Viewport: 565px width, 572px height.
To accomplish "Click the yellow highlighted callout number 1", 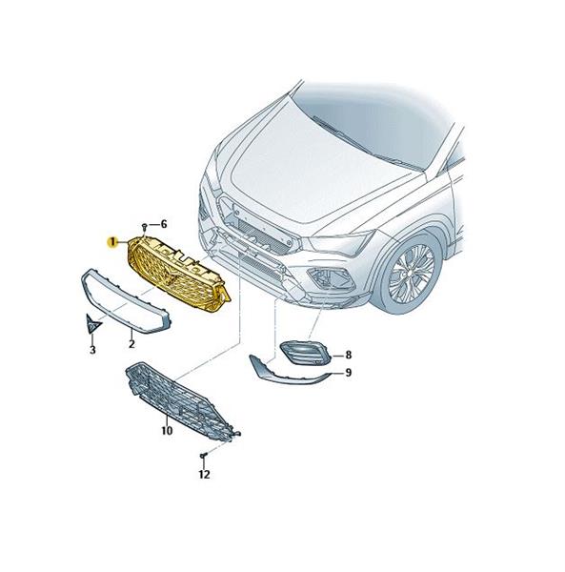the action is [112, 242].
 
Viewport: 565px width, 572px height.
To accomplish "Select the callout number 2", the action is [131, 343].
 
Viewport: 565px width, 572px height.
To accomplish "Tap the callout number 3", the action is [92, 350].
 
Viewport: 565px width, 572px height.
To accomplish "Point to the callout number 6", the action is [164, 224].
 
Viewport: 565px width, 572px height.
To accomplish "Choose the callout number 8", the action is [349, 355].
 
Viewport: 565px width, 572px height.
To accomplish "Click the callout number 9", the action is [349, 373].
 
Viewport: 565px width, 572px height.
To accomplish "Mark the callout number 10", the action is [167, 431].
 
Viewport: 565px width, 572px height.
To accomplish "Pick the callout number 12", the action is [205, 475].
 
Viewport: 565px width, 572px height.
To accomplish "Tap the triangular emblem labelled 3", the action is [92, 323].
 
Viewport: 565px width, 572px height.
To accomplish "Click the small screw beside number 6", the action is [145, 227].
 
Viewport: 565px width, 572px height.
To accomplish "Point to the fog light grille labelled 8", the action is [305, 354].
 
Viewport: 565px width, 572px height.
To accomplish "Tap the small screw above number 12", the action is [202, 456].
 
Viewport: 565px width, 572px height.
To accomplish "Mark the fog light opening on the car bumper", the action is [330, 278].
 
